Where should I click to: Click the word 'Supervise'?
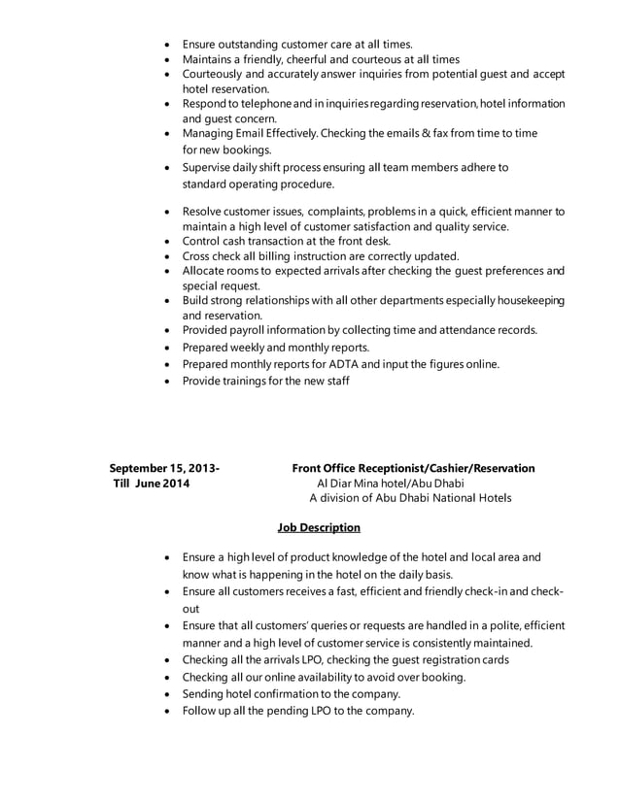click(x=211, y=167)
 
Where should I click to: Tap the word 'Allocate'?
click(x=206, y=271)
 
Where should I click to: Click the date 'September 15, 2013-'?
click(x=164, y=468)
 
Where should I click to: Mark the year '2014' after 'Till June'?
click(x=176, y=484)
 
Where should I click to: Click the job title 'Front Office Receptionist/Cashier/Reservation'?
click(x=413, y=468)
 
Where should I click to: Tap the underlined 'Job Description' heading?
click(x=319, y=528)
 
